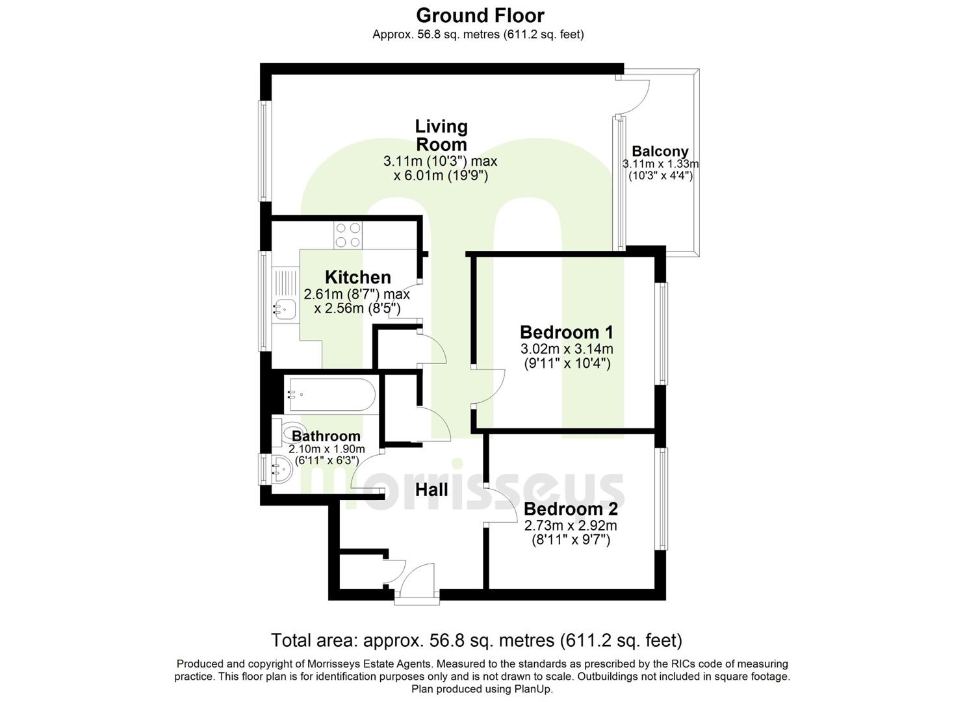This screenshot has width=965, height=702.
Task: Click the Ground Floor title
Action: (480, 15)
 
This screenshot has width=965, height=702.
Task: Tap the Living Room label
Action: (441, 135)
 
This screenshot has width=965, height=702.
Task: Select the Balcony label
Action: (660, 151)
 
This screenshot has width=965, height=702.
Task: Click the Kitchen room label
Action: (357, 277)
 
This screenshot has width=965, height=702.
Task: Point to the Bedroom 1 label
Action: (567, 332)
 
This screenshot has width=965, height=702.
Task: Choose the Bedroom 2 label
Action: (571, 508)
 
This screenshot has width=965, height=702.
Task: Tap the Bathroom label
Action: (326, 436)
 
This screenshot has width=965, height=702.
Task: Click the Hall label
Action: (431, 489)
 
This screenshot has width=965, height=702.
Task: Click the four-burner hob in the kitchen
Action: (348, 235)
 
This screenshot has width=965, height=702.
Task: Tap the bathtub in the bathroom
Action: (330, 394)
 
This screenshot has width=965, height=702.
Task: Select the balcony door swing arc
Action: (636, 95)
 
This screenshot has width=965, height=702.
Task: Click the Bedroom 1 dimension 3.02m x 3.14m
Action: (567, 350)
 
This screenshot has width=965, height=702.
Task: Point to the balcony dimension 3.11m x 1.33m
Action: (660, 164)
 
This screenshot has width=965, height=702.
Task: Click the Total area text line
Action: (476, 640)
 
